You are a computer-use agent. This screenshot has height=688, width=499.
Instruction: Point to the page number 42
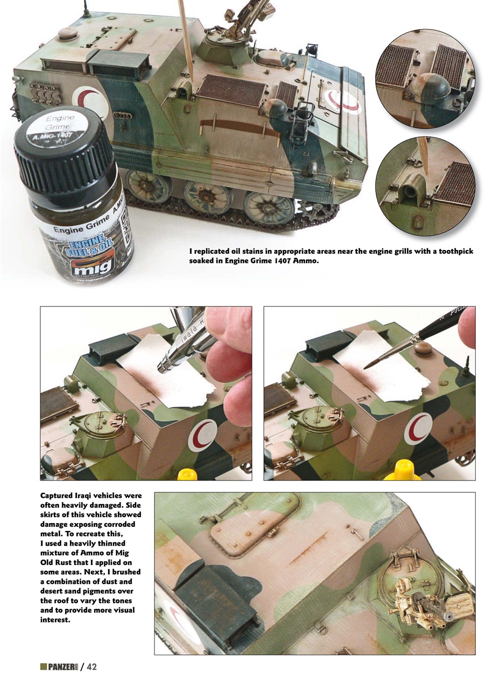(92, 667)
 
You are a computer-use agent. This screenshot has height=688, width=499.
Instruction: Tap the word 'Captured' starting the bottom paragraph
(59, 495)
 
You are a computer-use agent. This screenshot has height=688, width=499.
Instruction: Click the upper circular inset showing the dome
(425, 78)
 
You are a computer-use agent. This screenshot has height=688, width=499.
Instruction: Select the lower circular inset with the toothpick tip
(425, 186)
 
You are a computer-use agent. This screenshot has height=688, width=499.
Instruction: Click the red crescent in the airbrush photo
(203, 435)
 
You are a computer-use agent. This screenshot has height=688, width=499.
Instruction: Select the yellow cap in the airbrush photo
(185, 475)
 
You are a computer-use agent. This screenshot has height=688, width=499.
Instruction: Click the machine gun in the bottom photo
(420, 597)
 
